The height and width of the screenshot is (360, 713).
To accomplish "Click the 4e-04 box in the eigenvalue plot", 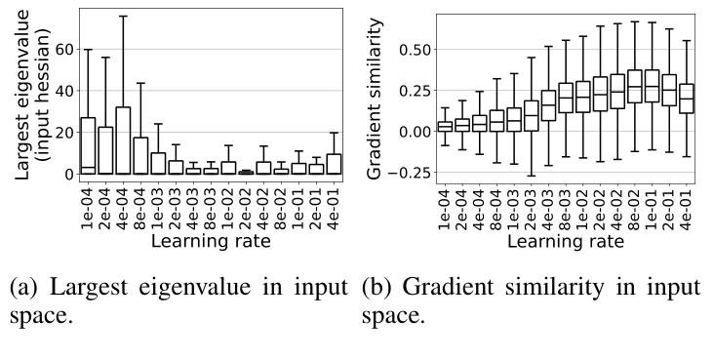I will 123,140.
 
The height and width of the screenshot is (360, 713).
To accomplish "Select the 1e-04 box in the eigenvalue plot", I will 88,146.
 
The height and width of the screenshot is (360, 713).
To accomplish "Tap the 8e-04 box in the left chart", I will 140,155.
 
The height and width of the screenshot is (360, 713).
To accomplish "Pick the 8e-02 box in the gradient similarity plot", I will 634,86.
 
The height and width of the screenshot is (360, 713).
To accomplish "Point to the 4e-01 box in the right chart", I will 687,99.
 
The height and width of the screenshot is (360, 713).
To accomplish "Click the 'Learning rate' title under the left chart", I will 210,239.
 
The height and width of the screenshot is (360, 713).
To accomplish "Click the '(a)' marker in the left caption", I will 22,289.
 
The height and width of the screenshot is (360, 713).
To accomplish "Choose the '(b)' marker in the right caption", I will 376,289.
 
